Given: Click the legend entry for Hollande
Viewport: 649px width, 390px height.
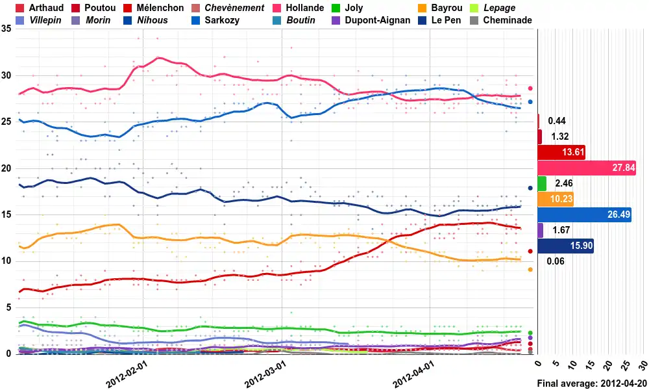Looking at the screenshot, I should point(304,8).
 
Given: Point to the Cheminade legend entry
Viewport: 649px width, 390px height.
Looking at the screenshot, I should point(508,20).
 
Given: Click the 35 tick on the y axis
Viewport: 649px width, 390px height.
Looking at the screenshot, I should point(6,29).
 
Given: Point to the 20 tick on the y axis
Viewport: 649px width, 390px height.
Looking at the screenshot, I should point(6,168).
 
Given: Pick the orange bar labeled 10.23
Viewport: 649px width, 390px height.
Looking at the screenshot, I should point(556,200).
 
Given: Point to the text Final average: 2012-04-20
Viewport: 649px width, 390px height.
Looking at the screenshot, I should point(592,383).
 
